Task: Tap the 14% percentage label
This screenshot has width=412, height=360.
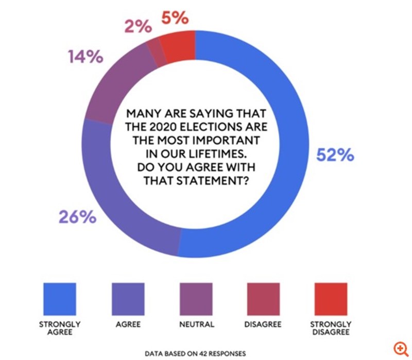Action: (85, 57)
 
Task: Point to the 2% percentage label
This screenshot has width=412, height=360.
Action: (138, 27)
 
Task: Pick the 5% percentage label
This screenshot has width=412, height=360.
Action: (174, 18)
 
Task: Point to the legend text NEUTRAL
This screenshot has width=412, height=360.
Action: (196, 324)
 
